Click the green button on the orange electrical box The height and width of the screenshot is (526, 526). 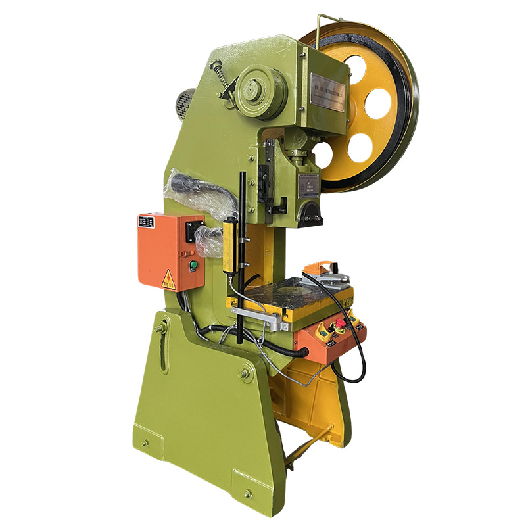[x=193, y=266]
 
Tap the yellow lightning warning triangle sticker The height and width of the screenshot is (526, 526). [x=168, y=279]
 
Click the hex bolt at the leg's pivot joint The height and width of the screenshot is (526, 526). [x=246, y=373]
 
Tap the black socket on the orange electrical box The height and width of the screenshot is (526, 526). [x=192, y=230]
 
